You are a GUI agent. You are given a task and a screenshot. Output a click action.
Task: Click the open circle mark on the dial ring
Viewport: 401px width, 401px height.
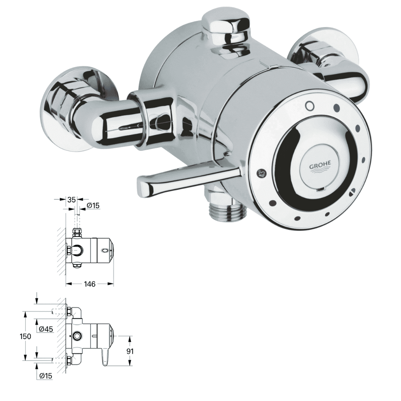(308, 105)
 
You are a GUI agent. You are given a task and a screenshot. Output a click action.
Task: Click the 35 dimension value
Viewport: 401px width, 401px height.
(73, 199)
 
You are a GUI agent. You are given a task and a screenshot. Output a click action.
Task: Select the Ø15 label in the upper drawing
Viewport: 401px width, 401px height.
(93, 206)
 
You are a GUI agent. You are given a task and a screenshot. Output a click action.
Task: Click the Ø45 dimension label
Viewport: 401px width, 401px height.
(47, 329)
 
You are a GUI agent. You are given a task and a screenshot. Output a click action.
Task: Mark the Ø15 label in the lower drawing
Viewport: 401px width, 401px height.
(47, 375)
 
